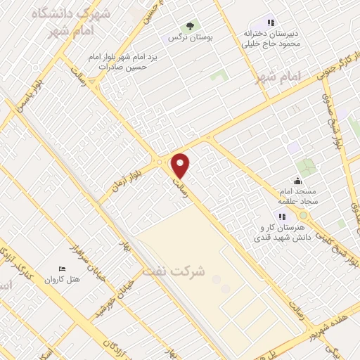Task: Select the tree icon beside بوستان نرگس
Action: tap(191, 27)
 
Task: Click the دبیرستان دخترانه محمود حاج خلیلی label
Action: tap(272, 37)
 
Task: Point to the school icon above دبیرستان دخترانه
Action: tap(271, 22)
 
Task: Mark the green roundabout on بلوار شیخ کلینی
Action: tap(303, 215)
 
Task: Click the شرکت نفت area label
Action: tap(174, 271)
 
